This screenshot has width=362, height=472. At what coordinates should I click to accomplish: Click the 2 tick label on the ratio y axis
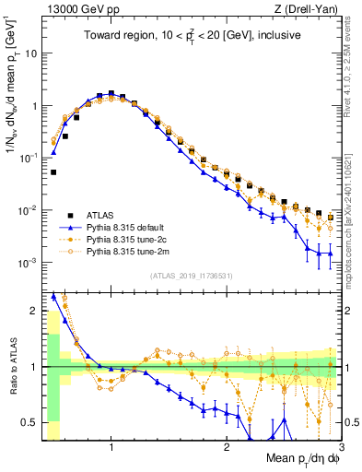32,311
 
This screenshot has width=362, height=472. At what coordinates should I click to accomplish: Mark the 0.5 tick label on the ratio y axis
28,422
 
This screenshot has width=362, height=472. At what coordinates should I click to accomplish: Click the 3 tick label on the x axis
341,448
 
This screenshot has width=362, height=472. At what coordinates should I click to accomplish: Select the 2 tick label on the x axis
226,448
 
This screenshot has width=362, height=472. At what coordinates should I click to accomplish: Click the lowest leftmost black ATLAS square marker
53,172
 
